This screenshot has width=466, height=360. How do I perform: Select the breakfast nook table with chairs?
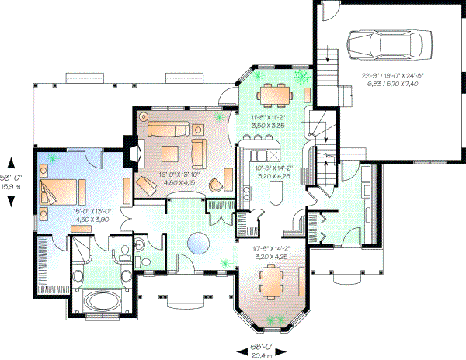pyautogui.click(x=274, y=93)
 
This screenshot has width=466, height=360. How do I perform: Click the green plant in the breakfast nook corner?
pyautogui.click(x=301, y=75)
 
